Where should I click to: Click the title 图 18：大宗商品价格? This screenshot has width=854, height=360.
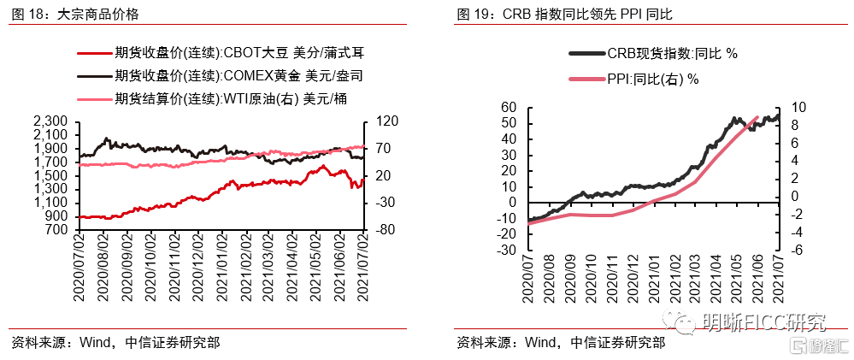(x=76, y=15)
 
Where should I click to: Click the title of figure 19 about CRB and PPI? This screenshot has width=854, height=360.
(x=565, y=15)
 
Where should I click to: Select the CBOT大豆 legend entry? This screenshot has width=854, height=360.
(x=221, y=53)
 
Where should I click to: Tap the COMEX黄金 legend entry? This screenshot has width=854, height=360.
(x=220, y=76)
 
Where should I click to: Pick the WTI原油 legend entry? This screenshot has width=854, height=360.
(x=213, y=98)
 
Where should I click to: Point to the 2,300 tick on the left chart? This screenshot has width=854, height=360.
(x=52, y=121)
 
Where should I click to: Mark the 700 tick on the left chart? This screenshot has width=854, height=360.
(x=58, y=230)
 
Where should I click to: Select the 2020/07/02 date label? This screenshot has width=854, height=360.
(x=80, y=268)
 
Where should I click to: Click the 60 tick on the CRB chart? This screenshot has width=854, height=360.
(x=509, y=107)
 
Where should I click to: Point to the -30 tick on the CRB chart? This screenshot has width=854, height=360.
(x=506, y=251)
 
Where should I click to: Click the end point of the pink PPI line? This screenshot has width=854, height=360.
(x=757, y=117)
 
